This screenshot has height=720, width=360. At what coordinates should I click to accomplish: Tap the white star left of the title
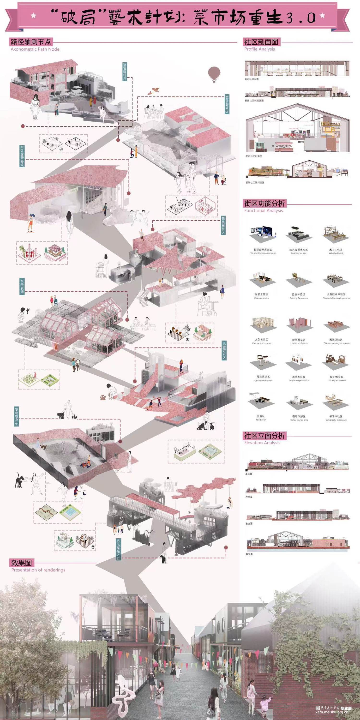tap(34, 16)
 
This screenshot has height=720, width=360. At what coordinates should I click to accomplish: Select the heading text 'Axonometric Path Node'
tap(35, 49)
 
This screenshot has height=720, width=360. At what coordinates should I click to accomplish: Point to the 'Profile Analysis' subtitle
tap(259, 49)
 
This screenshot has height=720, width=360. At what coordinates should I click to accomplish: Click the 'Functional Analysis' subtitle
tap(263, 211)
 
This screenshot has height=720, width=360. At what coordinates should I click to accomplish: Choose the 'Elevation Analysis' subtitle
tap(262, 443)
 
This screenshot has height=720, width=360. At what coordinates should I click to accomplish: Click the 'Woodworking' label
tap(336, 253)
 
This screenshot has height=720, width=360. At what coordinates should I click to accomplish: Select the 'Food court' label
tap(261, 420)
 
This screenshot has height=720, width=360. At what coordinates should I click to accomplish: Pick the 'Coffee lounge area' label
tap(299, 420)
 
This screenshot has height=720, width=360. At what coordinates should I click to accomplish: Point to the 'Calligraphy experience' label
tap(336, 420)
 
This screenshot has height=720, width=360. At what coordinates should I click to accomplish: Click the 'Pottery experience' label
tap(337, 380)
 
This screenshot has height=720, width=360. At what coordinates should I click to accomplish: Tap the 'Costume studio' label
tap(261, 298)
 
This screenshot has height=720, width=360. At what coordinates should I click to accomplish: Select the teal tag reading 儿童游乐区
tap(224, 350)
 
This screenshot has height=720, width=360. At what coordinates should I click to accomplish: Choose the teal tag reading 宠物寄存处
tap(17, 416)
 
